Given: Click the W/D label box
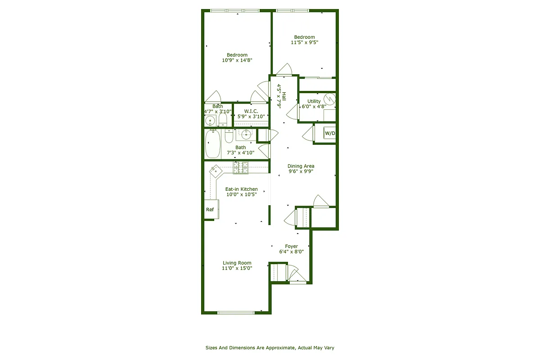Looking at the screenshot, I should (330, 134).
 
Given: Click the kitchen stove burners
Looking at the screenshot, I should (240, 167).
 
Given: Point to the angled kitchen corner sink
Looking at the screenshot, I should (216, 170).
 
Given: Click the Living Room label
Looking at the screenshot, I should (237, 263).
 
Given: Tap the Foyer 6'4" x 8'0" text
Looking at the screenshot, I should (291, 249).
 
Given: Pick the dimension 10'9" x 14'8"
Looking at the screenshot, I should (237, 60).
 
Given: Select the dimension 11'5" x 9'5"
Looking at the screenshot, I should (304, 42).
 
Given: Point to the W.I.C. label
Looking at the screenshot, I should (250, 111).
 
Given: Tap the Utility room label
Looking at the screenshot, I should (314, 101).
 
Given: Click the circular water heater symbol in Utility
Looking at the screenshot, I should (330, 98).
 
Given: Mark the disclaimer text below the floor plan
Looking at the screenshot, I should (270, 347).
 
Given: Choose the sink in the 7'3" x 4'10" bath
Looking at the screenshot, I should (246, 134).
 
